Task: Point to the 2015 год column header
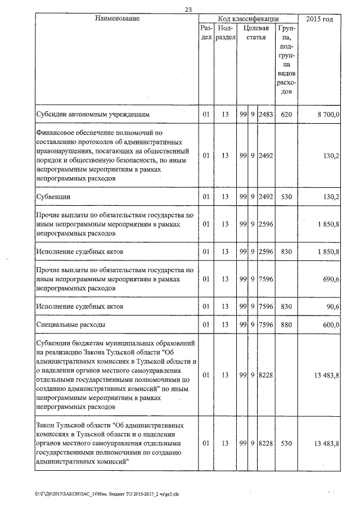(x=319, y=19)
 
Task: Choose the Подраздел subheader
(x=224, y=32)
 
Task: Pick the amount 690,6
(x=330, y=279)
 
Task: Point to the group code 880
(x=286, y=325)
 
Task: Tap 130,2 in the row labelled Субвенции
(x=330, y=196)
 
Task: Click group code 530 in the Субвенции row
(x=286, y=196)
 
